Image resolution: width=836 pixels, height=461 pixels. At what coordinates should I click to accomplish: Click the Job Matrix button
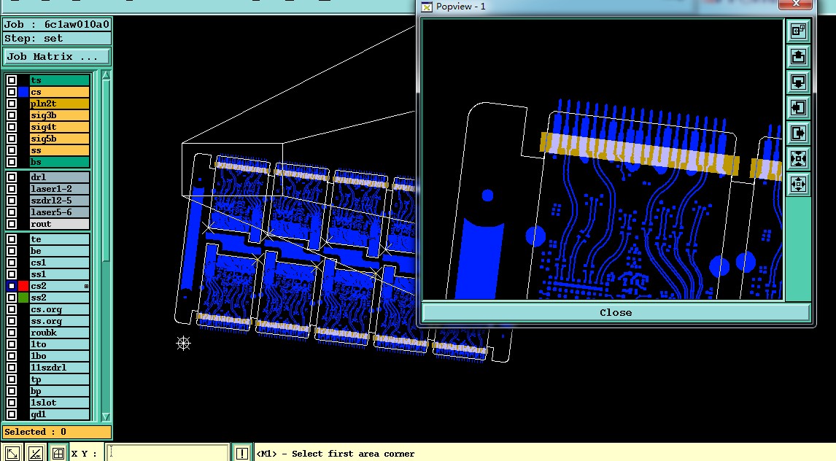[x=57, y=56]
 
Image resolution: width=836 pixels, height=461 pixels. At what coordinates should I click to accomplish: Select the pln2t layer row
[x=59, y=104]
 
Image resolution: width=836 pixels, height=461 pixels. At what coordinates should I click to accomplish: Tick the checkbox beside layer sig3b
[x=12, y=116]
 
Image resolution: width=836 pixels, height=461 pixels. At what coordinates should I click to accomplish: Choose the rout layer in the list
[x=59, y=225]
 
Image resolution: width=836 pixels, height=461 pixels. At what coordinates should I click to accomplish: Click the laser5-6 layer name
[x=51, y=212]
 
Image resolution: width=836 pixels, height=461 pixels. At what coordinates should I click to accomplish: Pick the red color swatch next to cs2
[x=23, y=286]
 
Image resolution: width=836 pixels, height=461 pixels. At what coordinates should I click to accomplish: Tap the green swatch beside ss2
[x=23, y=298]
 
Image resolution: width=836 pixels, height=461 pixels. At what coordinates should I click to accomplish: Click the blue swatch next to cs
[x=23, y=92]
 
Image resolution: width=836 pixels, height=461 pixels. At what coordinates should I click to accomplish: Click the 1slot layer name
[x=43, y=403]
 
